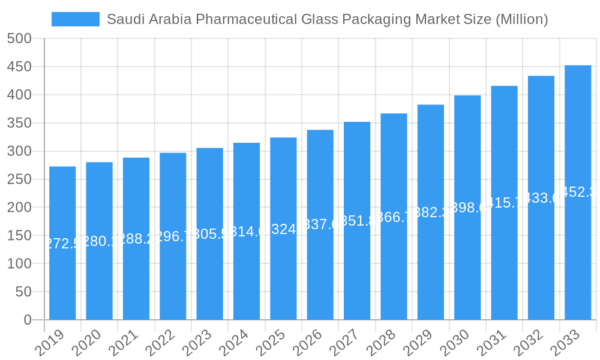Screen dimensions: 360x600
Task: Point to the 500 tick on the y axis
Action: (x=19, y=38)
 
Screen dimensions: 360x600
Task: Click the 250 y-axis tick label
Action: (x=19, y=179)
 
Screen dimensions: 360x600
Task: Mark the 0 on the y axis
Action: (x=28, y=320)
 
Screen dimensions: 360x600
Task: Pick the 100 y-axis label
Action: (x=19, y=264)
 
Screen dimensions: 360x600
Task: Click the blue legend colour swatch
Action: (x=76, y=19)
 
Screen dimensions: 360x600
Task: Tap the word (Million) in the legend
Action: (x=521, y=19)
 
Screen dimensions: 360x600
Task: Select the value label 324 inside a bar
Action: (x=283, y=229)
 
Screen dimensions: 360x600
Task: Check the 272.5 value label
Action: (x=61, y=244)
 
